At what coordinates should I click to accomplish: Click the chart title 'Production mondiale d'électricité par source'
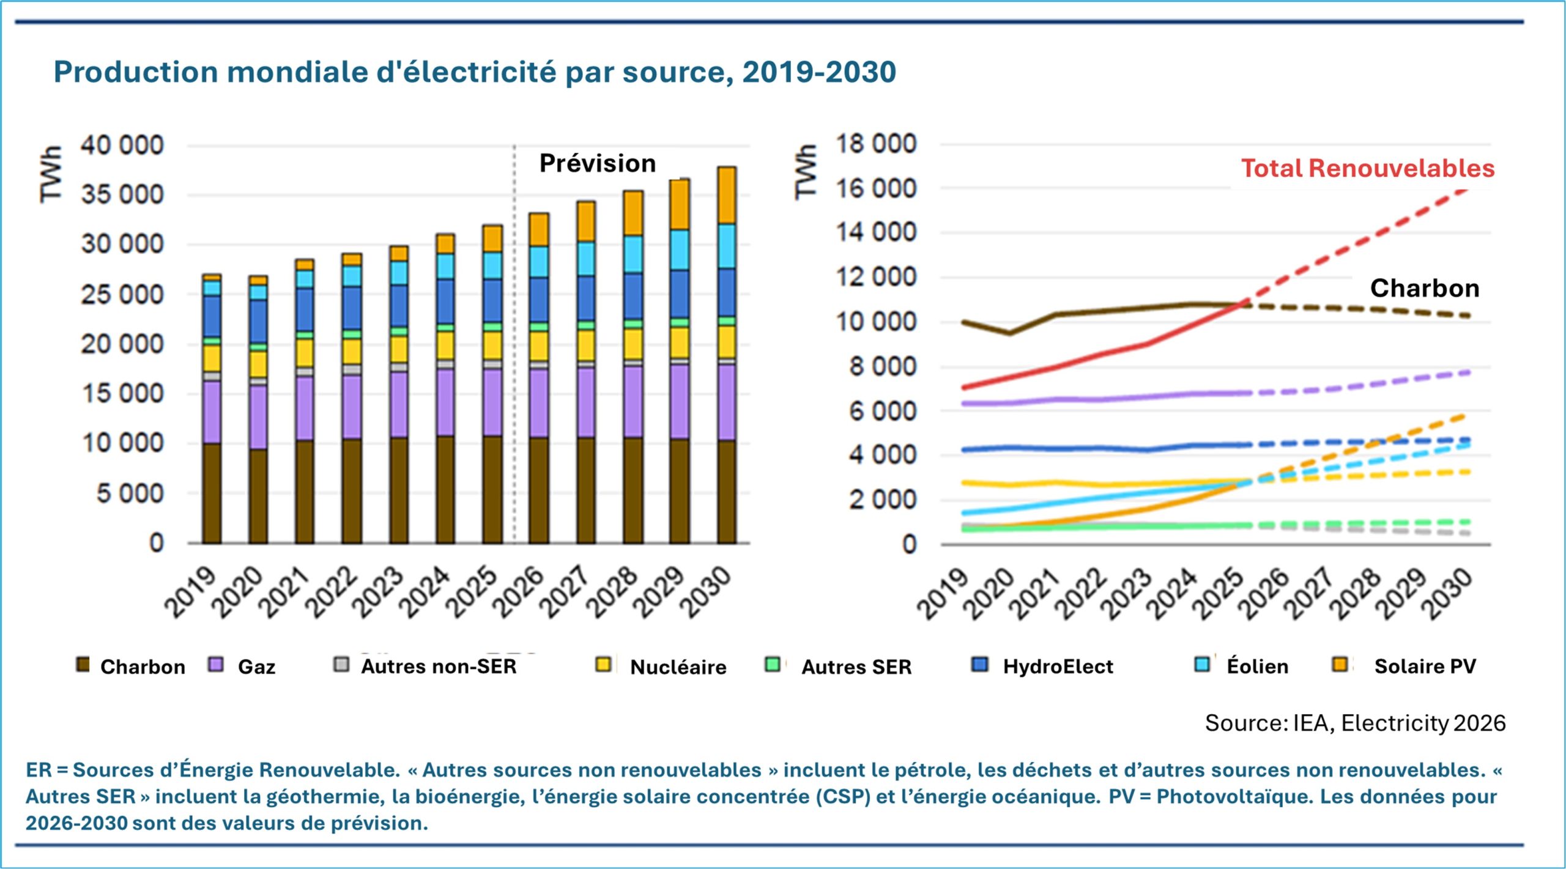point(475,72)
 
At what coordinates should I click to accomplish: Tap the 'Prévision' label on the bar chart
point(597,163)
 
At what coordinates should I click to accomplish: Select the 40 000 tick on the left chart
point(122,146)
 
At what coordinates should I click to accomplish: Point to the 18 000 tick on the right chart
point(876,144)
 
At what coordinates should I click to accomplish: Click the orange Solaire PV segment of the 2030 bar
point(726,195)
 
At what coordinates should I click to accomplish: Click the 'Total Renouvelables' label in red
point(1367,169)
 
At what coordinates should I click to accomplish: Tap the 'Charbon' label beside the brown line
point(1424,288)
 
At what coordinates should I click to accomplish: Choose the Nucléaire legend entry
point(678,667)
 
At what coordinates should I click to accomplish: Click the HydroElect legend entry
point(1058,666)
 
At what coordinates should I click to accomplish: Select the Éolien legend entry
point(1257,666)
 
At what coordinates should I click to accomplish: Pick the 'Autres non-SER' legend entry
point(439,666)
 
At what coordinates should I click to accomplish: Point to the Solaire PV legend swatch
point(1340,665)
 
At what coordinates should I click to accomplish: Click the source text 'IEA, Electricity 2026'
point(1398,723)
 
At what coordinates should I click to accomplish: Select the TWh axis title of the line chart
point(806,172)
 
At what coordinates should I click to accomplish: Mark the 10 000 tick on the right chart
point(876,322)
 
